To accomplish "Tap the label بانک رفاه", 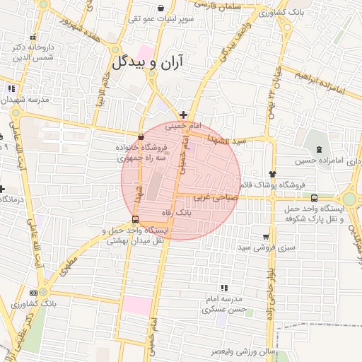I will [177, 212].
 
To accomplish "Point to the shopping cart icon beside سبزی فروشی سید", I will [266, 237].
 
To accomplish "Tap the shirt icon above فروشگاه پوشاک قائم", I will [272, 173].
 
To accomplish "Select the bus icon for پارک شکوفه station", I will [315, 198].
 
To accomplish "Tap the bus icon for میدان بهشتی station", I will [135, 219].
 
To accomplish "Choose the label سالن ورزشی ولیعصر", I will [247, 351].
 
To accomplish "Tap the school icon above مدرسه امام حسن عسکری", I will [225, 288].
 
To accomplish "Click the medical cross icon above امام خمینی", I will [183, 115].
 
